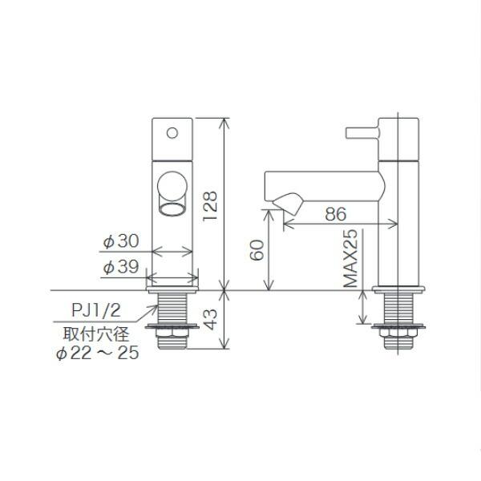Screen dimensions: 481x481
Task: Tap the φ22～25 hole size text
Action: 91,354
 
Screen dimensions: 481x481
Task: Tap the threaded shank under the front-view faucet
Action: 172,309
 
